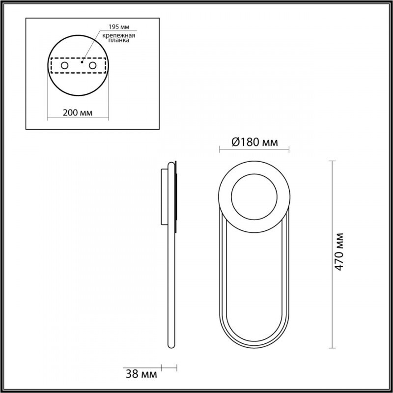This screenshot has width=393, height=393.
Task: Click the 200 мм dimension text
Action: [x=78, y=112]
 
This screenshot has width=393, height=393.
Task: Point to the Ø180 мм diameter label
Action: [x=254, y=142]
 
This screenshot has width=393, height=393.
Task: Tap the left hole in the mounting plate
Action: [x=64, y=65]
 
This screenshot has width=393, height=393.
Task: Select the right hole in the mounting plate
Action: [x=92, y=65]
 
